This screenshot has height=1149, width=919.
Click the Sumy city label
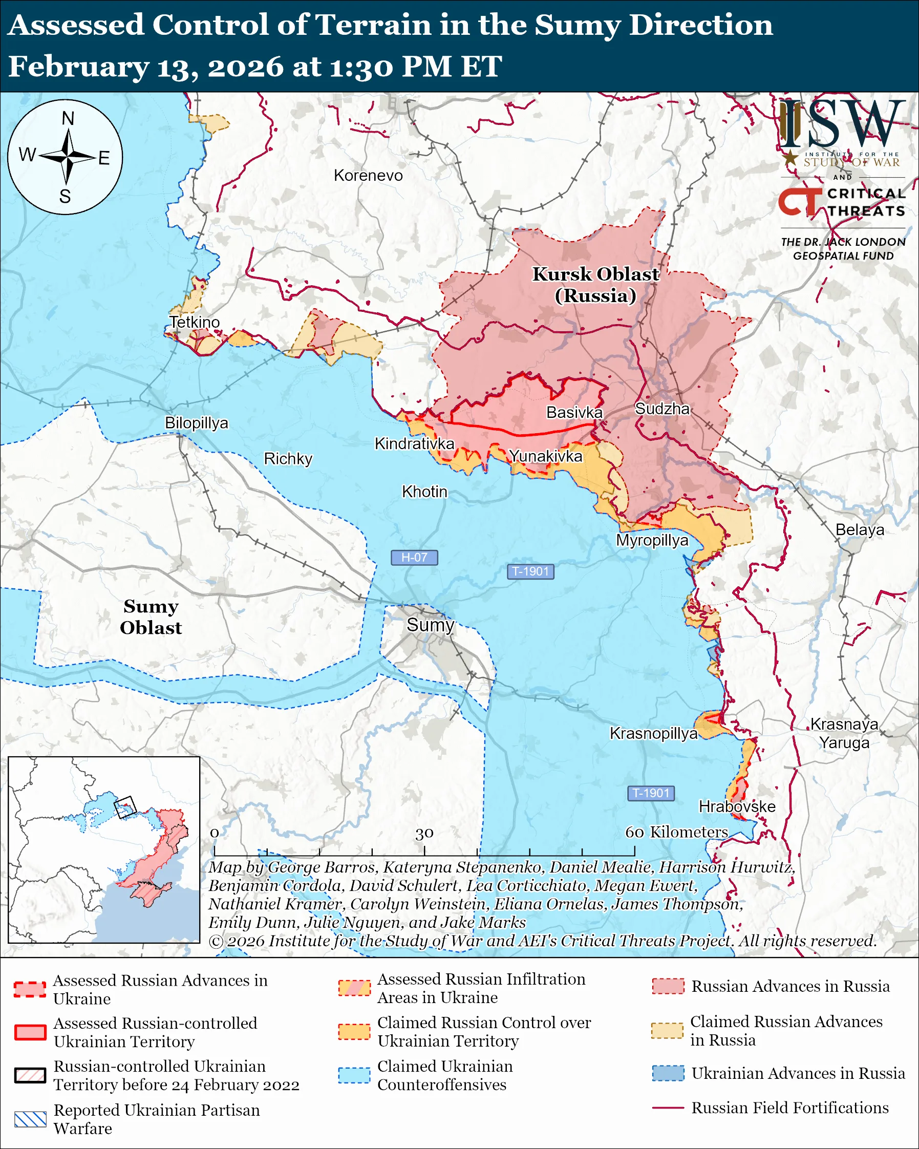[x=430, y=625]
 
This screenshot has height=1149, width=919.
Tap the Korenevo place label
[x=368, y=175]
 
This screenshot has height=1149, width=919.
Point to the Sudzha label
[x=662, y=409]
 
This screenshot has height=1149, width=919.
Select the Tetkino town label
[x=195, y=322]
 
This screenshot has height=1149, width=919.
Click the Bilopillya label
[x=196, y=422]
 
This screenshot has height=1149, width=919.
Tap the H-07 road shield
[x=414, y=558]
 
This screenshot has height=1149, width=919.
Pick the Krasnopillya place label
[x=653, y=733]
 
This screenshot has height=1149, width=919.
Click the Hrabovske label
[x=737, y=806]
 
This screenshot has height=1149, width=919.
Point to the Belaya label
[x=859, y=530]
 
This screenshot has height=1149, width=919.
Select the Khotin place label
[x=424, y=492]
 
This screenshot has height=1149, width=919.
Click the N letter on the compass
[x=68, y=118]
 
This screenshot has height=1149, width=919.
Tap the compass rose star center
[x=67, y=157]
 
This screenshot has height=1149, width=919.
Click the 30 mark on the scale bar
[x=424, y=833]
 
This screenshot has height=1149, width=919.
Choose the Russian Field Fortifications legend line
[x=668, y=1108]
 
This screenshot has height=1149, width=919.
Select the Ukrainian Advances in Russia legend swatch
[x=668, y=1073]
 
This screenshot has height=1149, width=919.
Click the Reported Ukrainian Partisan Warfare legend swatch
[x=30, y=1119]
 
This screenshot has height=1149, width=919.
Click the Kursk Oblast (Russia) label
[x=595, y=285]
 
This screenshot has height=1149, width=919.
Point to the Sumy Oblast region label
[x=151, y=616]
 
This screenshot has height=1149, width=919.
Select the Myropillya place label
[x=652, y=540]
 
